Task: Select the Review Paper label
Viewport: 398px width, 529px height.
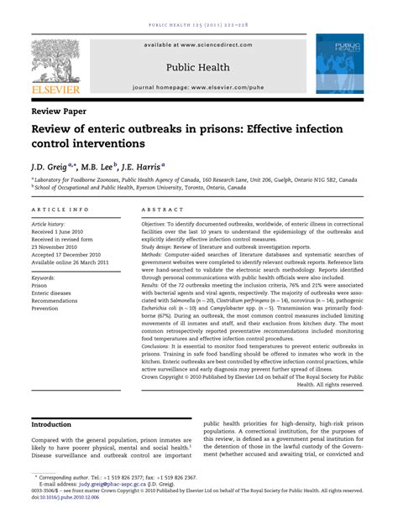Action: click(62, 110)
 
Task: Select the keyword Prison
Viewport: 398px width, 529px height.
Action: click(39, 286)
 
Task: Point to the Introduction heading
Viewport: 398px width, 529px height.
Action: click(51, 425)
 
